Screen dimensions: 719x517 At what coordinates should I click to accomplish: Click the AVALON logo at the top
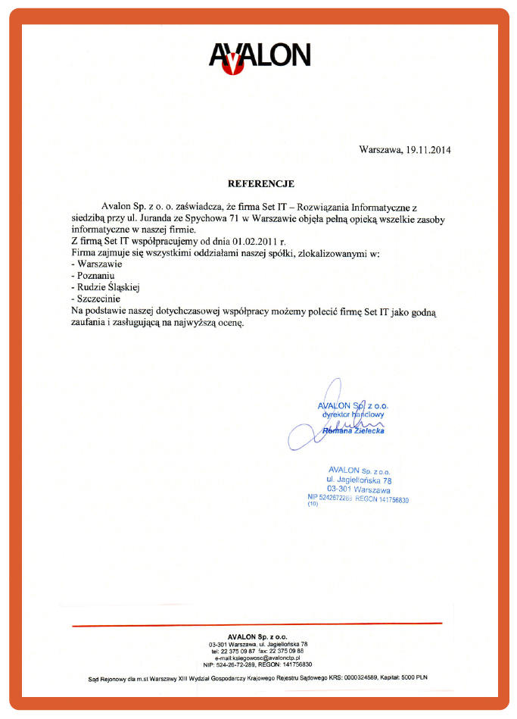tap(259, 57)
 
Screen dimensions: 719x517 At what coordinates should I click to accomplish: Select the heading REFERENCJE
tap(261, 183)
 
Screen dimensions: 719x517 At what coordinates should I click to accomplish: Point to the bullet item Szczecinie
tap(98, 299)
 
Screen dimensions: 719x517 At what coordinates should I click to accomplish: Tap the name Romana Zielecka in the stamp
tap(353, 430)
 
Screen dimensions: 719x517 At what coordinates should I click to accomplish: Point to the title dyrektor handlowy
tap(353, 415)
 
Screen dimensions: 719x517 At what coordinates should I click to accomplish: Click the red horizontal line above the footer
tap(257, 624)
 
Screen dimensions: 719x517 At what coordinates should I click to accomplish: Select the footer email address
tap(258, 658)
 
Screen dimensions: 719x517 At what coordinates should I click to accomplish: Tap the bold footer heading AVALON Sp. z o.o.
tap(257, 636)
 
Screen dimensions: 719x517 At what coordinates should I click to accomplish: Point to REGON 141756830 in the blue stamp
tap(382, 499)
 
